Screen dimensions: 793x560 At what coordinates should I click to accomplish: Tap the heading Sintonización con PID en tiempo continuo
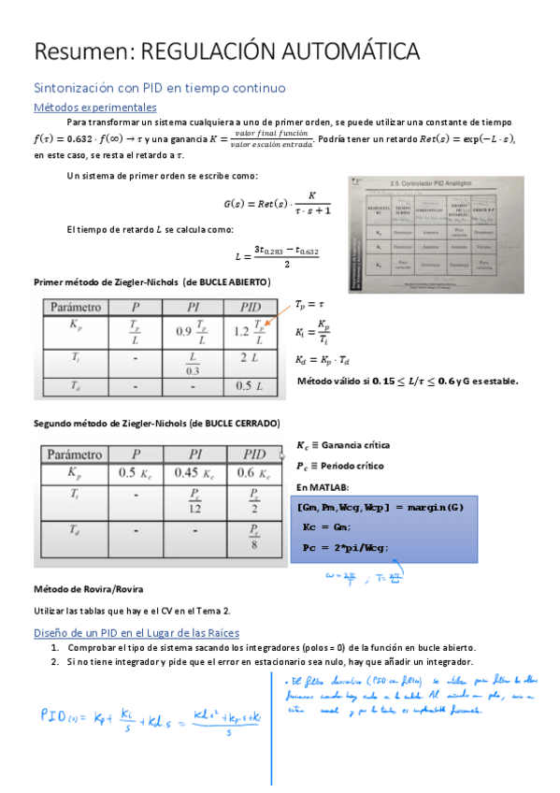tap(159, 87)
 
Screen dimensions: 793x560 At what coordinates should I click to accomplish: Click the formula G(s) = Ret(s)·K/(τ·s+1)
tap(278, 202)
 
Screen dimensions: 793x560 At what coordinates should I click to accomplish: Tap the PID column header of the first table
tap(251, 306)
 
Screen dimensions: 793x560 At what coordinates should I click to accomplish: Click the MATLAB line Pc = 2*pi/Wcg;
tap(343, 547)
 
